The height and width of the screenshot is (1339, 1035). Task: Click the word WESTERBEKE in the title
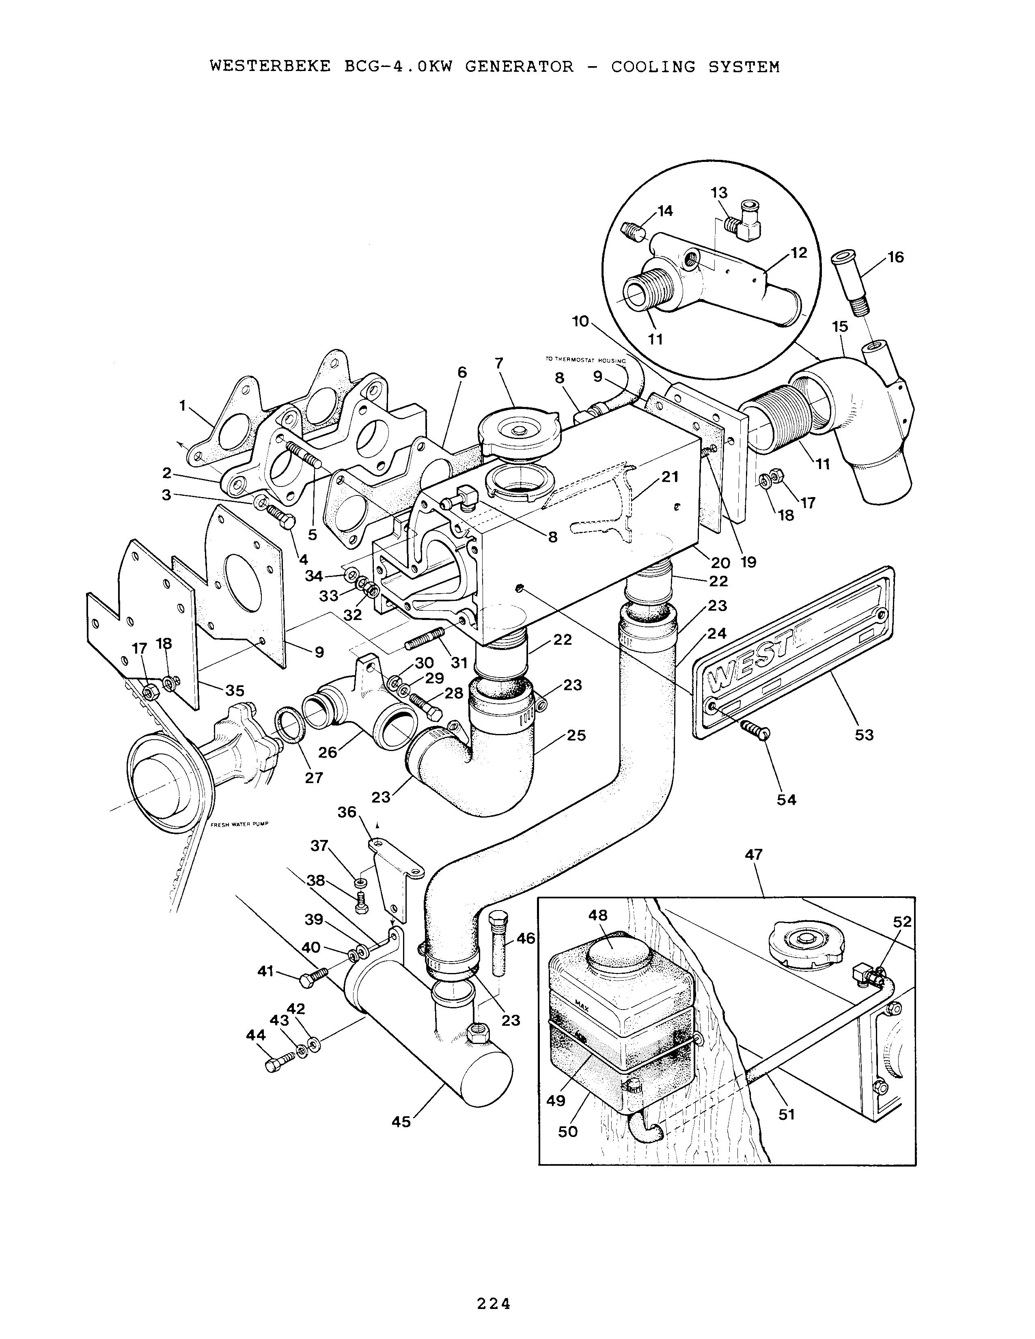click(270, 66)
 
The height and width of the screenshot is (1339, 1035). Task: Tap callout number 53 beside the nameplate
click(864, 734)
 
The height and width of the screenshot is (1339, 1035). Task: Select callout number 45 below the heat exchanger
click(401, 1122)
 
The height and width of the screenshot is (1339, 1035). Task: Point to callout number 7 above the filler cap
click(499, 363)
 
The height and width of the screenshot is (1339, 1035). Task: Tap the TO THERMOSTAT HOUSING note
click(586, 360)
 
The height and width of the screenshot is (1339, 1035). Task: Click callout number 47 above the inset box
click(754, 855)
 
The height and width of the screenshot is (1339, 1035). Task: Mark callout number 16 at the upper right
click(896, 258)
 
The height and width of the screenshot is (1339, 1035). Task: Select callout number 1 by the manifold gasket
click(182, 405)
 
